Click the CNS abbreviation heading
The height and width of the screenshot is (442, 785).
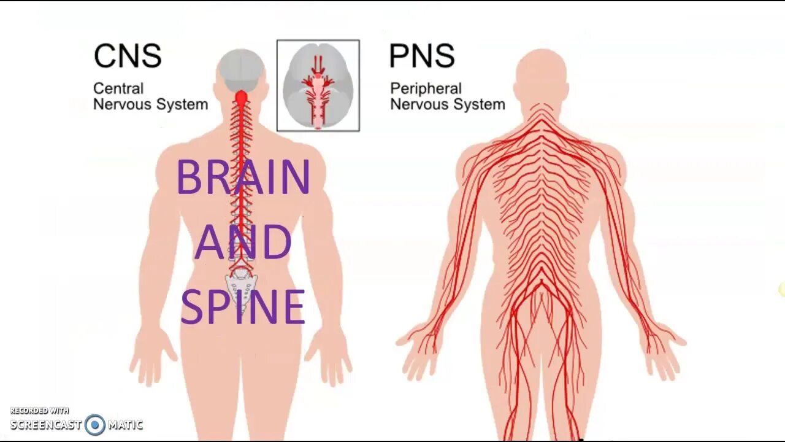(x=128, y=56)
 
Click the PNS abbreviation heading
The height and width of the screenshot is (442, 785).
(x=422, y=56)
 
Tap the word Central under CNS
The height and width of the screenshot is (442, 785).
(x=118, y=89)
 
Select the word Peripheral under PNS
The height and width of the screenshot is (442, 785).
(x=426, y=89)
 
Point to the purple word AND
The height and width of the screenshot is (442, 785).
(x=243, y=242)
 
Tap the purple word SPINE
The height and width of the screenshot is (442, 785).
(x=243, y=307)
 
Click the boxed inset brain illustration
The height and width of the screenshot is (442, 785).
(x=318, y=86)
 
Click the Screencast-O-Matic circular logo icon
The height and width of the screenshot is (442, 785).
(x=95, y=425)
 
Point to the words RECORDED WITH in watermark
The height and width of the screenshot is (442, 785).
(x=39, y=411)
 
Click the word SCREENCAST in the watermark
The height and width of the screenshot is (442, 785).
(x=45, y=425)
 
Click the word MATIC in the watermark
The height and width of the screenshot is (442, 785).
(x=125, y=425)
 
